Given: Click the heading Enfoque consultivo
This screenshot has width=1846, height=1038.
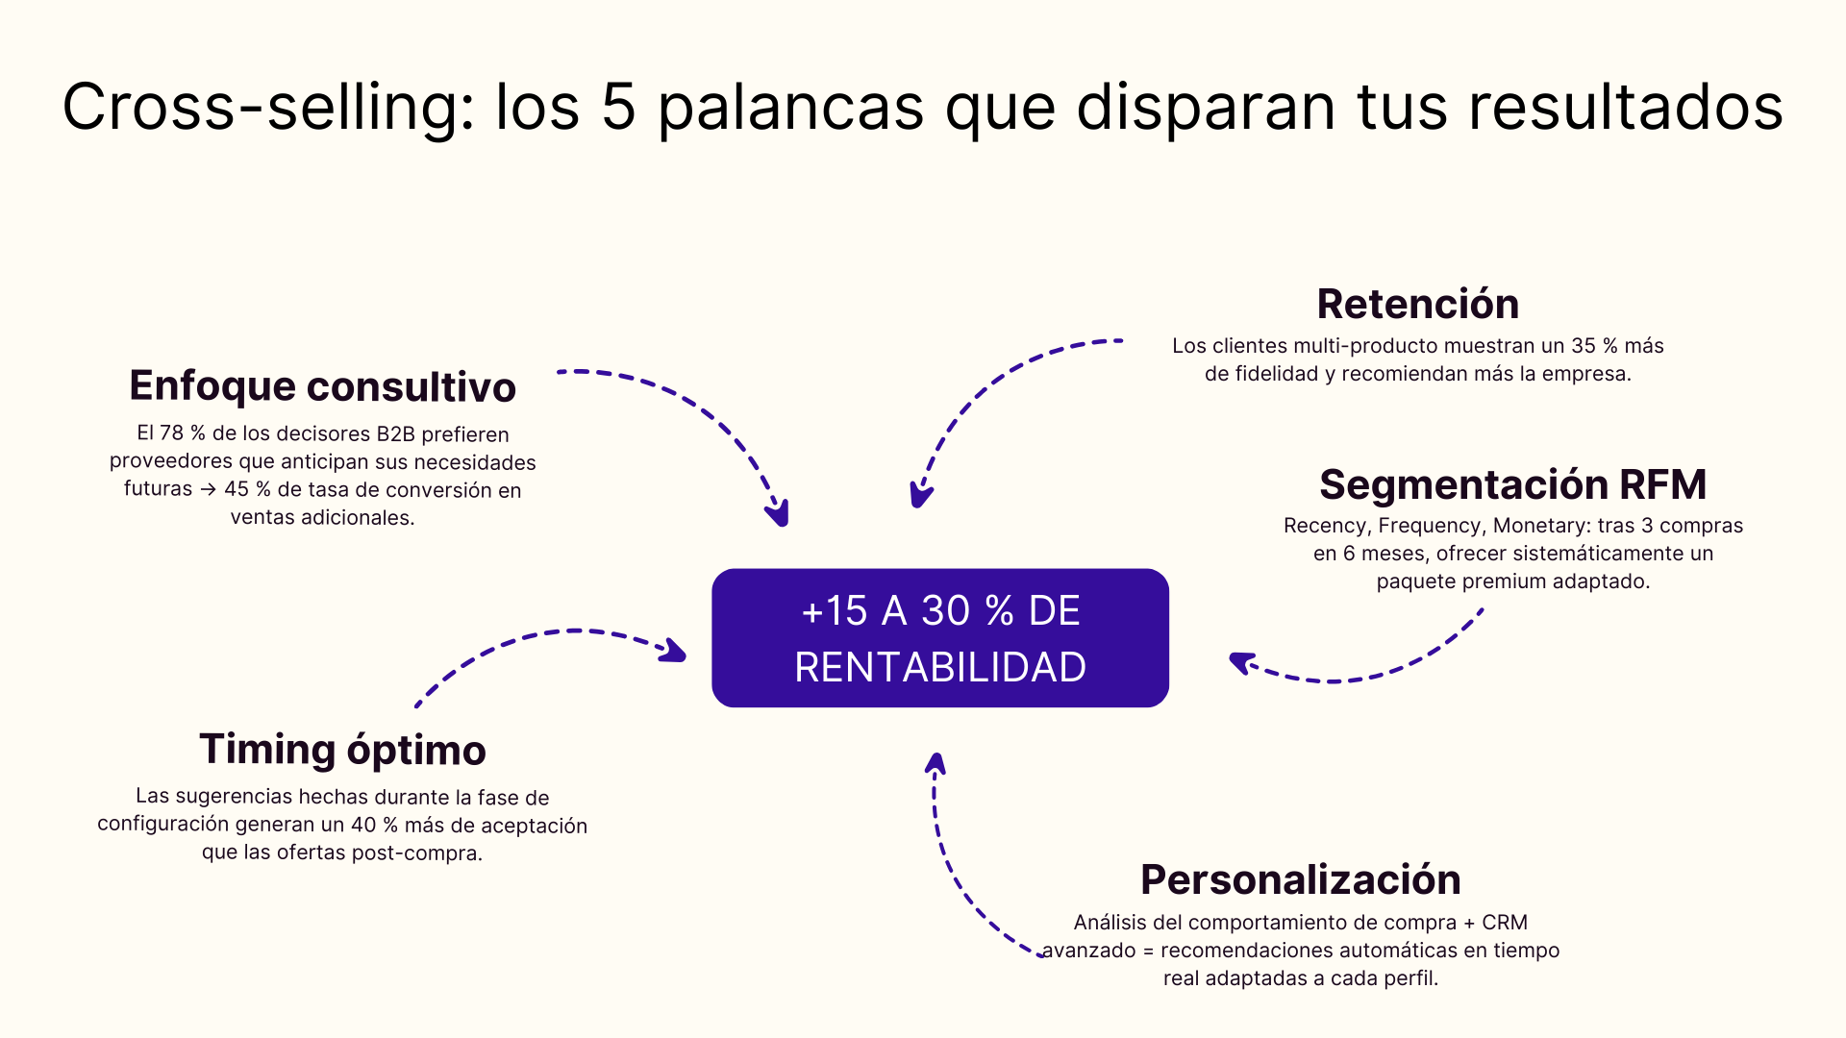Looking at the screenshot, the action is (x=322, y=386).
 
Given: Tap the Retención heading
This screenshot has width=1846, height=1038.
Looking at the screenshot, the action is (x=1417, y=305).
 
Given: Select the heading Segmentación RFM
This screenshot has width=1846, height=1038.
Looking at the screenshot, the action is (x=1512, y=484).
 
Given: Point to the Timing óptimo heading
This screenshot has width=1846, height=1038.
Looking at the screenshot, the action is (x=342, y=750).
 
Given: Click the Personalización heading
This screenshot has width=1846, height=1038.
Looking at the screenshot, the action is (x=1300, y=879).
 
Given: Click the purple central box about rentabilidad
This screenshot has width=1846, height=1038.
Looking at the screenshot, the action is (x=939, y=638).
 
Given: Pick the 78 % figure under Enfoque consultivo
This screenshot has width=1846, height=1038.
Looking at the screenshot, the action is (x=182, y=433).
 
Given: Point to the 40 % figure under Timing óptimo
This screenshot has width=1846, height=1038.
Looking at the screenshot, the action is (x=374, y=825).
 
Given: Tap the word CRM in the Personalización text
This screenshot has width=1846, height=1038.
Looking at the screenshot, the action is (x=1505, y=923).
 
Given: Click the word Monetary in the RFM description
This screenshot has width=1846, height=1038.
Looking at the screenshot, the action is (x=1538, y=526).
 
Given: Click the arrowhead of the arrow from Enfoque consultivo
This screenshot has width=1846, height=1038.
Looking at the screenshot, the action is (x=780, y=515).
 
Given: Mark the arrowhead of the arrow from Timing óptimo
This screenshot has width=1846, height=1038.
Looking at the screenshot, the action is (x=675, y=652).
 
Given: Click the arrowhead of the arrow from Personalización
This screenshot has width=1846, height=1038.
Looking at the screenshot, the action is (x=935, y=763).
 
